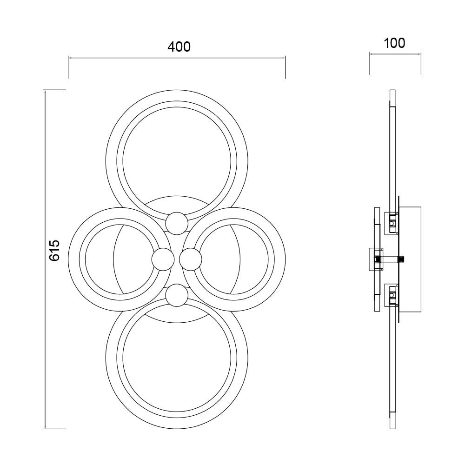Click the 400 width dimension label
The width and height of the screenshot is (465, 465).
(x=179, y=47)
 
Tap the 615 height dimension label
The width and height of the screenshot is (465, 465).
(x=54, y=251)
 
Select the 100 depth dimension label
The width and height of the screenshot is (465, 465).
(x=394, y=43)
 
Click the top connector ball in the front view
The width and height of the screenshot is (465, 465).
(x=177, y=223)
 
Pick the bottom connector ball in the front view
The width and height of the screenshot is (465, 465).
(x=177, y=295)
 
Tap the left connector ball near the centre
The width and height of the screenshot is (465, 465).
(x=163, y=259)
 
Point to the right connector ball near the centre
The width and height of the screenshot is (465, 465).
(x=191, y=259)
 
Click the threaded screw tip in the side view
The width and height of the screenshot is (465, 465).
(x=402, y=259)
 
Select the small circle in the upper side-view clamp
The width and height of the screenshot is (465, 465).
(x=392, y=223)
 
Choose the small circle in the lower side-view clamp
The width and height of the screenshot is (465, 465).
(x=392, y=295)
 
